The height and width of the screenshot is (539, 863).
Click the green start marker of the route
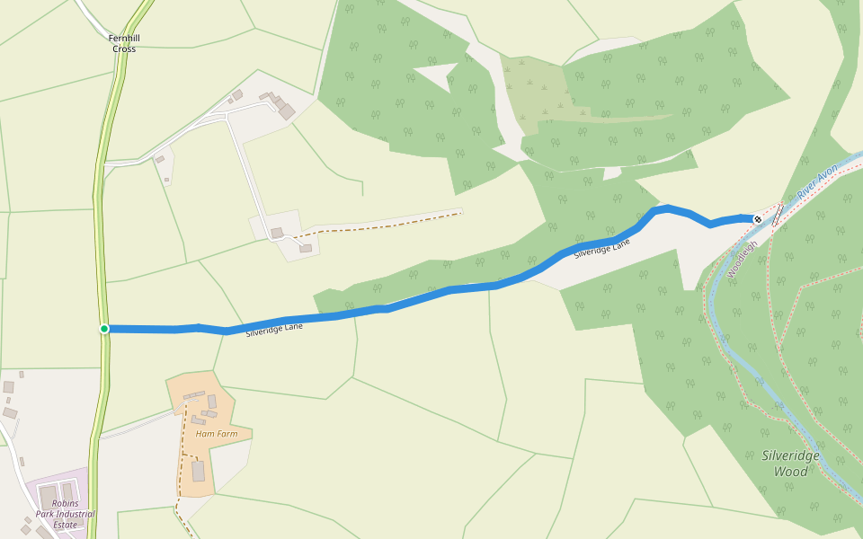(104, 329)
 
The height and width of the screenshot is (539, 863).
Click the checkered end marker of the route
(758, 219)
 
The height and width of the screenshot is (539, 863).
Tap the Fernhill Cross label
(124, 43)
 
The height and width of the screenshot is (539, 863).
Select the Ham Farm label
(217, 434)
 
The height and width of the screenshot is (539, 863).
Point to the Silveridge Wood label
(791, 464)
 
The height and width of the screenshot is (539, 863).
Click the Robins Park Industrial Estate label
(65, 514)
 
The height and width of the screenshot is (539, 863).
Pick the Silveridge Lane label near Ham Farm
(274, 330)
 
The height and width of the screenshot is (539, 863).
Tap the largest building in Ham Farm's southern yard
(198, 471)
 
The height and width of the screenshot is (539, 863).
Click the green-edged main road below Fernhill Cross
(100, 225)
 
